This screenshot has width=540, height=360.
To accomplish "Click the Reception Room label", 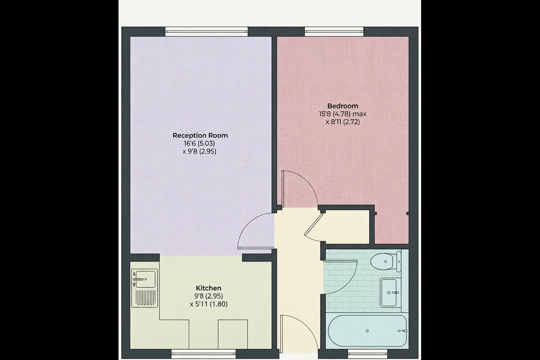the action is [x=200, y=135].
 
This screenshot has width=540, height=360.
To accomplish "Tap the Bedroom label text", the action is [x=343, y=106].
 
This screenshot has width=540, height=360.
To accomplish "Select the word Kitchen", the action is [x=208, y=288].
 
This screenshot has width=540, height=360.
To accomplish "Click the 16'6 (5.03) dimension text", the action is [x=199, y=144].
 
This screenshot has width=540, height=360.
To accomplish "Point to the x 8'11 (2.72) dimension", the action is [x=343, y=122].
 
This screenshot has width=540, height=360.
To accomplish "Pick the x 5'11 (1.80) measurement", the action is [x=208, y=304].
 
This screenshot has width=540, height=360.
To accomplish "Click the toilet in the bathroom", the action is [x=385, y=261].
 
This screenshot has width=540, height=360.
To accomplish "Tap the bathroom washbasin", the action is [x=388, y=293].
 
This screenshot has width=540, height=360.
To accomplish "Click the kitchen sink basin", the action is [x=145, y=279].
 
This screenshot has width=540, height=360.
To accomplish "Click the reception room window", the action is [x=206, y=31].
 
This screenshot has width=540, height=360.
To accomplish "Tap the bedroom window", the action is [x=334, y=31].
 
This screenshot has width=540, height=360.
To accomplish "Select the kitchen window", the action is [x=204, y=354].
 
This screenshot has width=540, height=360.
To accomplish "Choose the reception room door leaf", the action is [x=256, y=247].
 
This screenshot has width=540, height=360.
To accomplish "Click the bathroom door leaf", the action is [x=340, y=261].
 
